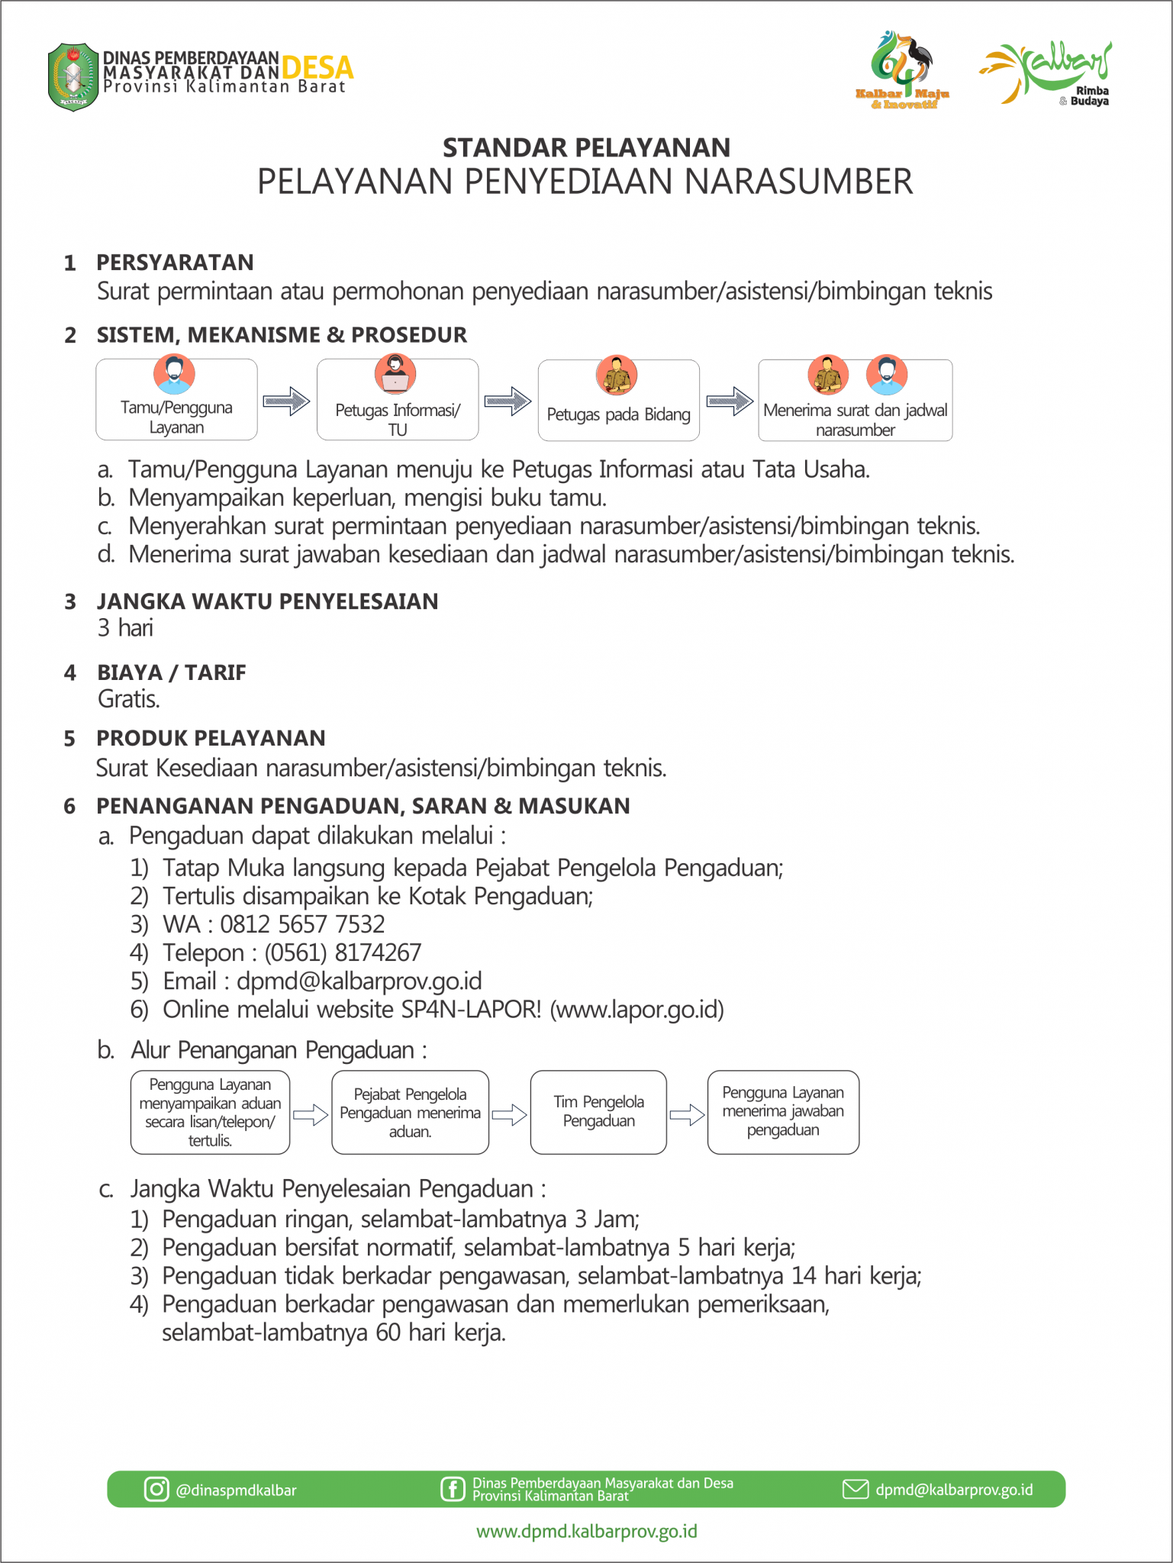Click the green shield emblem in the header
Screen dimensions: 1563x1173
[x=73, y=77]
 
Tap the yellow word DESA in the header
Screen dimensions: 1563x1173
[x=317, y=68]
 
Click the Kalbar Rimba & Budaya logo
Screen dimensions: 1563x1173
[x=1046, y=73]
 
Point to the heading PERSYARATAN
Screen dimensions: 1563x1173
[x=175, y=263]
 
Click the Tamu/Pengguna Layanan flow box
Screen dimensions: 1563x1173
[x=176, y=400]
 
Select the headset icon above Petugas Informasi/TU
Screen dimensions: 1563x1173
[x=395, y=373]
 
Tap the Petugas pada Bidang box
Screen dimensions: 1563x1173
[x=618, y=401]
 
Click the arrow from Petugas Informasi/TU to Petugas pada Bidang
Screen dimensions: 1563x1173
[x=508, y=401]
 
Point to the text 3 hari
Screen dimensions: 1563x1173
[x=125, y=628]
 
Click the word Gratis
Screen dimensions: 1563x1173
[x=128, y=699]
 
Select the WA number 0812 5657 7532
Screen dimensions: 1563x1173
[x=302, y=925]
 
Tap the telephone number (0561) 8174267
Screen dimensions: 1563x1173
[x=343, y=953]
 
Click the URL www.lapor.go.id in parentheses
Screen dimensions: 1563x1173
[x=637, y=1010]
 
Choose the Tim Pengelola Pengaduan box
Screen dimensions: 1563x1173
[x=598, y=1112]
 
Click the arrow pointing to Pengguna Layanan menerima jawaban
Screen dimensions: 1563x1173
[x=687, y=1115]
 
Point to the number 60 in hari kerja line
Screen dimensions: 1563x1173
[x=388, y=1333]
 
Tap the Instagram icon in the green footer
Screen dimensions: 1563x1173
[x=156, y=1489]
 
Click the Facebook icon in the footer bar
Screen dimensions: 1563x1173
[x=452, y=1489]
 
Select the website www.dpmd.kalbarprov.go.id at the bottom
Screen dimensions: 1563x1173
[x=586, y=1532]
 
